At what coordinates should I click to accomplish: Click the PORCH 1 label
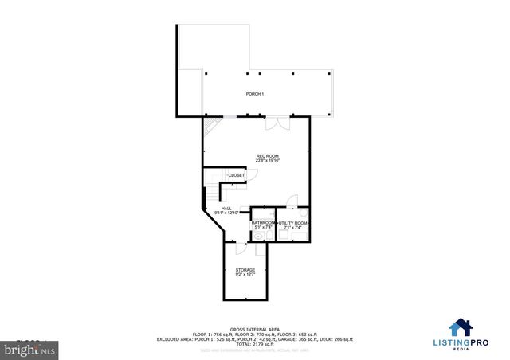tap(254, 95)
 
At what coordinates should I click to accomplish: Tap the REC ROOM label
tap(267, 155)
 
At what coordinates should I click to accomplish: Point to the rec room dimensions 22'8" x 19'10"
tap(267, 161)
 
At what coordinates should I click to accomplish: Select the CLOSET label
tap(237, 175)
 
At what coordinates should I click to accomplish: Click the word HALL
tap(226, 209)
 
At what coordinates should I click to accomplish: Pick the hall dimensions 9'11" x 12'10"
tap(226, 213)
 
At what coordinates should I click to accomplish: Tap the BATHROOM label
tap(264, 222)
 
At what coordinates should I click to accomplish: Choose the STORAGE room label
tap(245, 270)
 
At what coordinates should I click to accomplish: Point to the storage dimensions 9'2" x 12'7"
tap(245, 275)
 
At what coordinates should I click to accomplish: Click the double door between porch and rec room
tap(272, 124)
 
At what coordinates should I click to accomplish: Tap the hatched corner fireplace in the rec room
tap(210, 125)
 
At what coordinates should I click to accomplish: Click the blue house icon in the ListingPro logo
tap(459, 328)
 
